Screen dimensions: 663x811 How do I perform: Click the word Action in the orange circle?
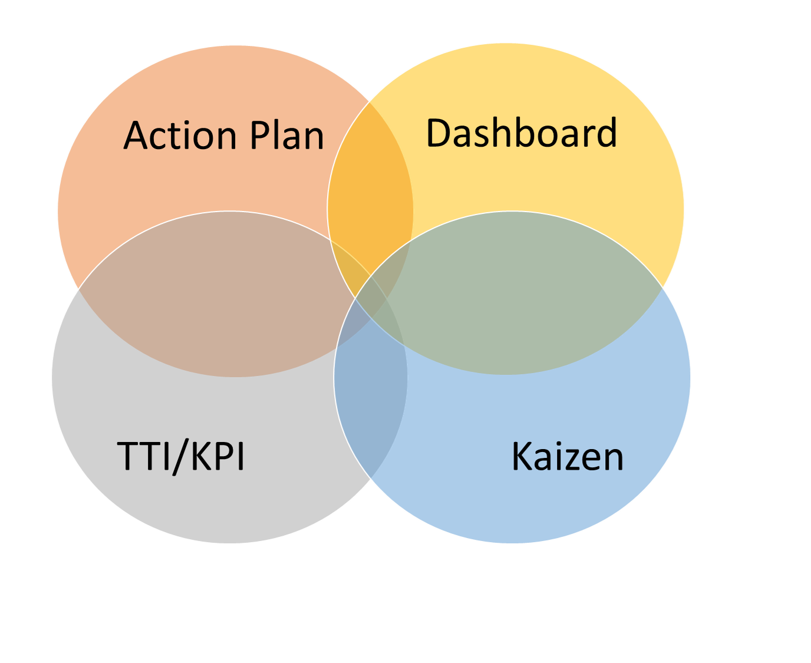(x=180, y=136)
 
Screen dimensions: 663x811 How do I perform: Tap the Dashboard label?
(x=521, y=133)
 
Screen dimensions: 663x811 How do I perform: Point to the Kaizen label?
(x=567, y=457)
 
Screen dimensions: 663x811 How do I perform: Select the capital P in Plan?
(x=260, y=136)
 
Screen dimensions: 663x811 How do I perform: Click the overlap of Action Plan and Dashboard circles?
(x=370, y=177)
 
